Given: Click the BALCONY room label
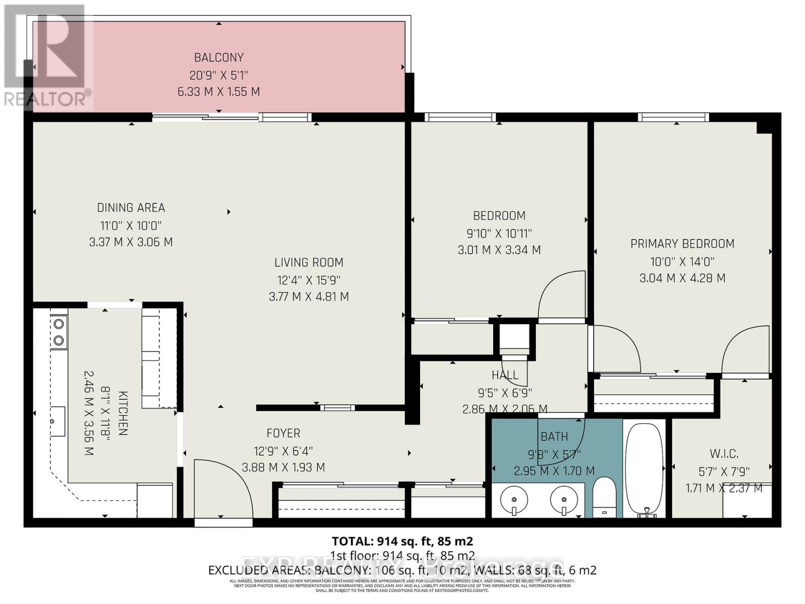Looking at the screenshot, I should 219,57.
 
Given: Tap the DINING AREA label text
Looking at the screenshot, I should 131,207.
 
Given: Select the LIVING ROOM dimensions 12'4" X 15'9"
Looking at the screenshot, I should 309,280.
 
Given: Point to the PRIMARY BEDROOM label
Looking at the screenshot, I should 682,244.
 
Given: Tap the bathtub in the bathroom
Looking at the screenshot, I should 645,467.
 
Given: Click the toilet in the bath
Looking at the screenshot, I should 604,498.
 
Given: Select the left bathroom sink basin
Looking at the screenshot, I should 514,500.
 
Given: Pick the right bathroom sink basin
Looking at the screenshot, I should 563,500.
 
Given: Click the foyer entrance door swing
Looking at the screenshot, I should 221,488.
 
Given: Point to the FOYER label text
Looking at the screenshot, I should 283,433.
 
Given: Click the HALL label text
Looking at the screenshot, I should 505,375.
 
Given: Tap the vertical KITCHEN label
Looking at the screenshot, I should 123,413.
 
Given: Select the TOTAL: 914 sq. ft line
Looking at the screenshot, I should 402,541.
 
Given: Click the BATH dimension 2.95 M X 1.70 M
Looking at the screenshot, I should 554,471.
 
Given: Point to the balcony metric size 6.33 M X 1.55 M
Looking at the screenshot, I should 219,92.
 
